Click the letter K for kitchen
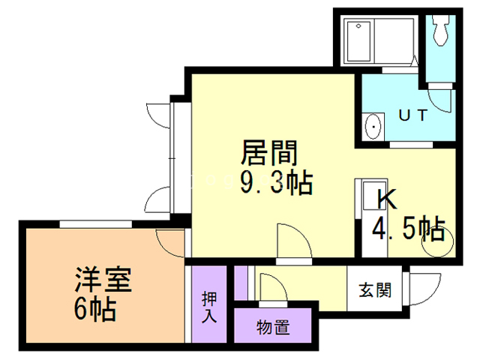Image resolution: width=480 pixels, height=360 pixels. coord(387,199)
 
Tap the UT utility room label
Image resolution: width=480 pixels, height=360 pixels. coord(412,115)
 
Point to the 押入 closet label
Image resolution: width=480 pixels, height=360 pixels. coord(209,306)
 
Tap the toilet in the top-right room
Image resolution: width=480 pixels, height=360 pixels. coord(439,31)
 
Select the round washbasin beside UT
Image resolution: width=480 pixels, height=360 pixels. coord(373,127)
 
